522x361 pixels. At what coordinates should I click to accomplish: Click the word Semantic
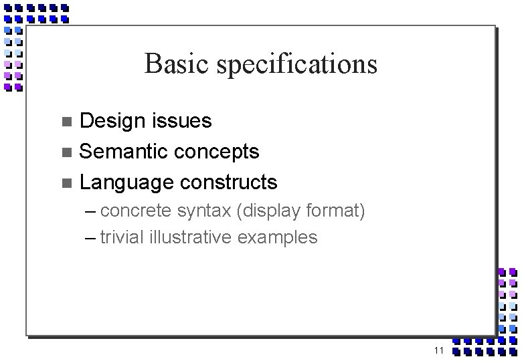click(x=124, y=151)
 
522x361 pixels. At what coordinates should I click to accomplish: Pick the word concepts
click(x=218, y=152)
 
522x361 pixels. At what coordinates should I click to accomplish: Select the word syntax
click(x=204, y=213)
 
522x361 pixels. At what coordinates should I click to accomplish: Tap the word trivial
click(x=122, y=237)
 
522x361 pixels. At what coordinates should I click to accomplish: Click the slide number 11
click(x=439, y=351)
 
